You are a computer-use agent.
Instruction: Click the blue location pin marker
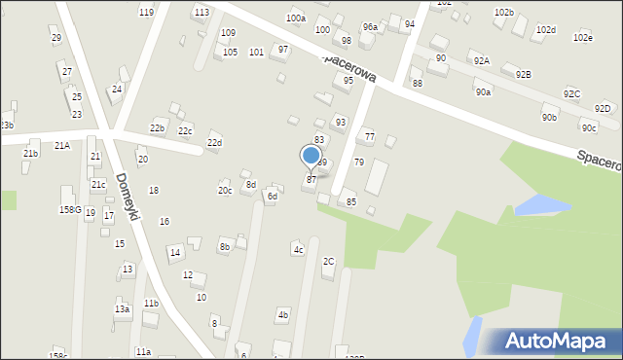311,156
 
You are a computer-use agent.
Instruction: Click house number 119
146,12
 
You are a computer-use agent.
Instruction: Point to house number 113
202,12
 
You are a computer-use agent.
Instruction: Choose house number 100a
295,18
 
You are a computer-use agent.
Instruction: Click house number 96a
370,27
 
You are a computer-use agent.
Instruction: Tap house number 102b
503,12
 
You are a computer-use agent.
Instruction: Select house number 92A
482,60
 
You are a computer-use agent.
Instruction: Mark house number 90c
588,127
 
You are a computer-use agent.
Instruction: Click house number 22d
213,143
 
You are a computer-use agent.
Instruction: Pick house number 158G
70,209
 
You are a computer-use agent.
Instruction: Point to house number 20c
225,190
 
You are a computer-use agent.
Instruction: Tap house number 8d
250,184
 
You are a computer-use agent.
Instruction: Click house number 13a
122,308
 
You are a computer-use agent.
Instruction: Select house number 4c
299,250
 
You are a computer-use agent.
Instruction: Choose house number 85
351,201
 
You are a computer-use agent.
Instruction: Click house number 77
369,136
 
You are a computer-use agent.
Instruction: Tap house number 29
55,37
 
